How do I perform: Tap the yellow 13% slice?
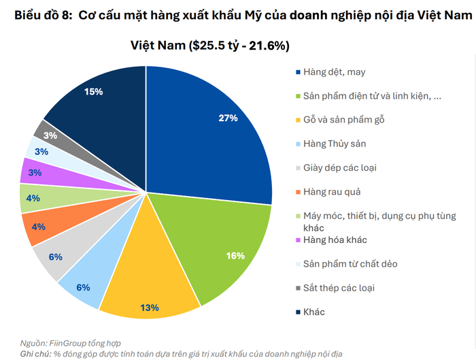tap(151, 286)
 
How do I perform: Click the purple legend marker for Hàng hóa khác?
tap(299, 240)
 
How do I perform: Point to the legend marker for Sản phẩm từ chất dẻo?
tap(299, 263)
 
